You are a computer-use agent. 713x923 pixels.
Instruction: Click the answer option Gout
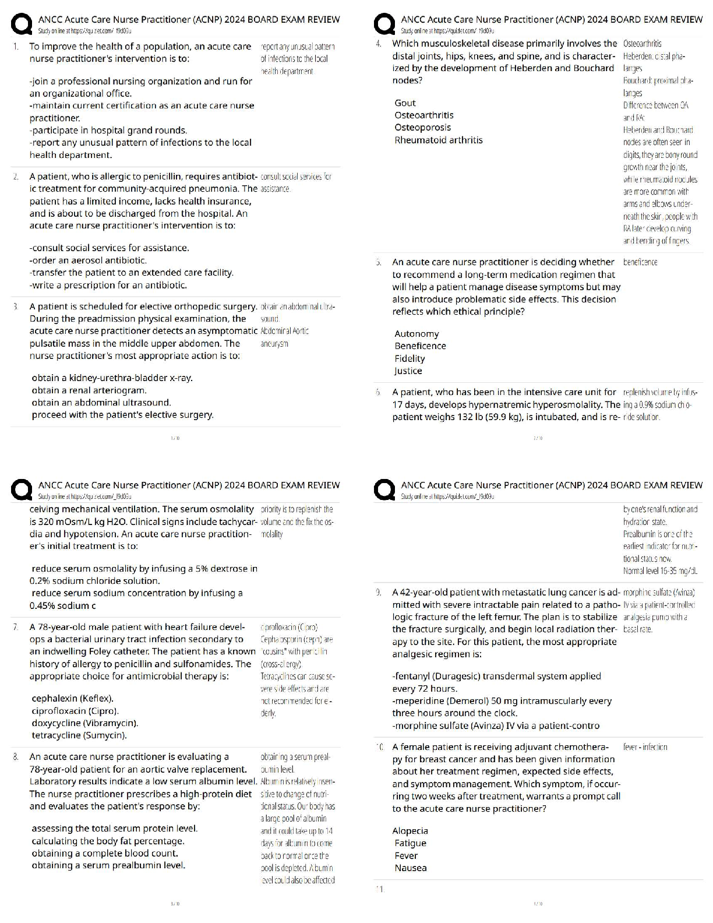[405, 103]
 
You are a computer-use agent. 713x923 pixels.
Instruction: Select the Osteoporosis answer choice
[422, 128]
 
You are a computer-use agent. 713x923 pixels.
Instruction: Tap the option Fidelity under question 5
[410, 358]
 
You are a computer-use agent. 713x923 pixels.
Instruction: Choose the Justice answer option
[408, 371]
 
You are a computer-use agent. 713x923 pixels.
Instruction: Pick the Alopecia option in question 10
[410, 831]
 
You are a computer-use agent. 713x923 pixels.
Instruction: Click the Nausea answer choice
[410, 868]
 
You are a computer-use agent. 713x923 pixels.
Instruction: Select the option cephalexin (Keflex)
[72, 698]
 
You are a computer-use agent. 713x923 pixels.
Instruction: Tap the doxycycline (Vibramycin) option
[84, 723]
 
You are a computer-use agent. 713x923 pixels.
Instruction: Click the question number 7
[15, 627]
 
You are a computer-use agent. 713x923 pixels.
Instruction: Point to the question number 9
[379, 593]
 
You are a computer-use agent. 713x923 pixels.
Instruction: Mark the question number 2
[15, 176]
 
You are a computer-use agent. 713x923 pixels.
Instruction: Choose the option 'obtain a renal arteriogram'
[89, 390]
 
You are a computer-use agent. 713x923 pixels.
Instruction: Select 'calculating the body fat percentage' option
[108, 841]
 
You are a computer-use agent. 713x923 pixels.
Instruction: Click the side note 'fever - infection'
[645, 747]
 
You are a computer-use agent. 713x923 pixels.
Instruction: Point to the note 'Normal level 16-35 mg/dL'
[660, 571]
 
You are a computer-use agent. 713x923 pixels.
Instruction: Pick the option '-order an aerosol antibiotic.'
[88, 260]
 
